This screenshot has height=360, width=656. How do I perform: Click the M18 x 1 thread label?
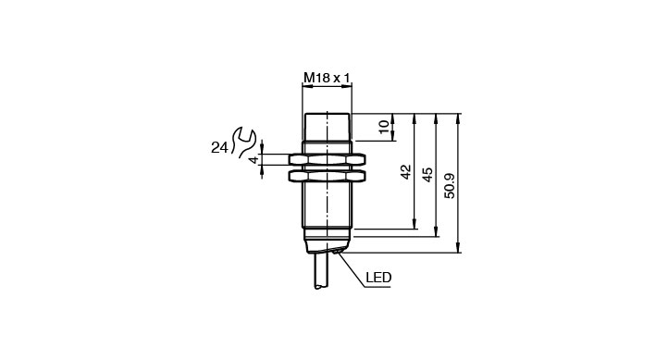pos(327,78)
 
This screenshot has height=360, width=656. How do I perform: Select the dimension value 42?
pos(406,171)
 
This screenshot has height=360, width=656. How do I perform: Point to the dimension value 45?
pos(427,175)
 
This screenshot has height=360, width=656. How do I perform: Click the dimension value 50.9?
pos(450,186)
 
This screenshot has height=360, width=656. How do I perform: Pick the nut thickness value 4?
pos(254,160)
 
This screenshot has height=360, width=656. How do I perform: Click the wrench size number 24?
pos(219,148)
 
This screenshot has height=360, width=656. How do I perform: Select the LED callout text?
pos(378,278)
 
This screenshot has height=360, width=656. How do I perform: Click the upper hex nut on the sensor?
pos(328,159)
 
